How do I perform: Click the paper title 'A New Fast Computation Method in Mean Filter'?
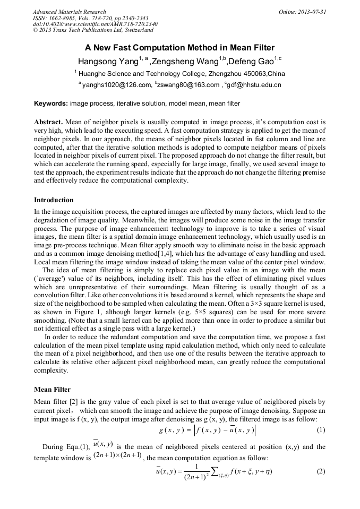coord(181,47)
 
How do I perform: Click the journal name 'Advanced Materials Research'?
coord(70,12)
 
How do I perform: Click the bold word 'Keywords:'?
coord(51,103)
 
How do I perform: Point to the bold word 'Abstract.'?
coord(49,122)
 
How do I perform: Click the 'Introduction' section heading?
coord(54,200)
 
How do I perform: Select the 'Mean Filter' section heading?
coord(52,389)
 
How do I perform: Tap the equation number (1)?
coord(321,429)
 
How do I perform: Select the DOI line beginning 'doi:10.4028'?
coord(95,24)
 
